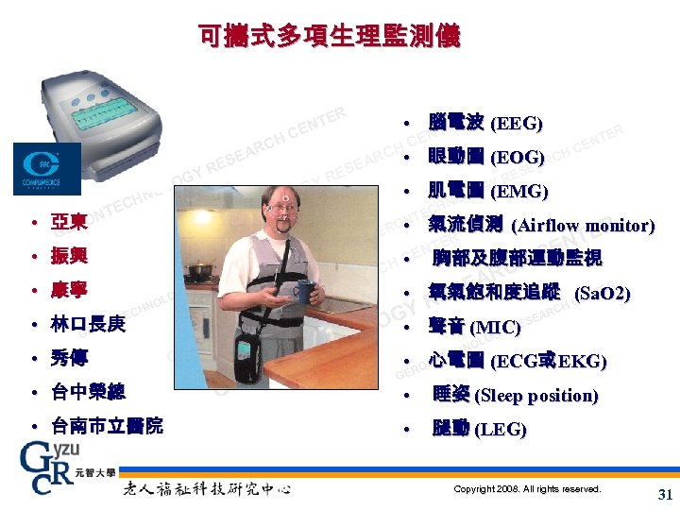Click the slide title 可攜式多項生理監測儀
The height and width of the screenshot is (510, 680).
click(330, 37)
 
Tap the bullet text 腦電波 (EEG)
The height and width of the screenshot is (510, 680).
click(484, 124)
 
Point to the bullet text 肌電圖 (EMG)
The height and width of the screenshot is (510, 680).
click(487, 192)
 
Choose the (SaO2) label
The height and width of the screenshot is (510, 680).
click(602, 294)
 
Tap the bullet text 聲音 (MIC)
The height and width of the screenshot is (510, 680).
click(474, 328)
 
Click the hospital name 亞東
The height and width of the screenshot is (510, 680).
click(70, 223)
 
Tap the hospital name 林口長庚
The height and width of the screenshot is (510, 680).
click(89, 324)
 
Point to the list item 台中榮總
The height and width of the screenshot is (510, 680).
click(89, 392)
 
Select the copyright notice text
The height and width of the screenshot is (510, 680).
click(527, 489)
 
